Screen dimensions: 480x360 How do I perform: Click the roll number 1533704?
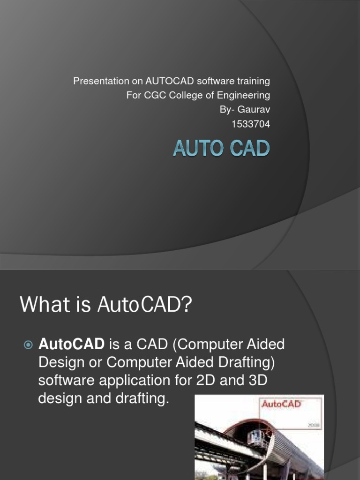point(251,124)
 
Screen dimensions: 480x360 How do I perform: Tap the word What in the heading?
point(41,306)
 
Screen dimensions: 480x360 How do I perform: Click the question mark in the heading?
point(187,306)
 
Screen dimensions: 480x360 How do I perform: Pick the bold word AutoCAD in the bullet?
point(71,345)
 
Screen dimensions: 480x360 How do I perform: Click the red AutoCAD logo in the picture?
point(281,405)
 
